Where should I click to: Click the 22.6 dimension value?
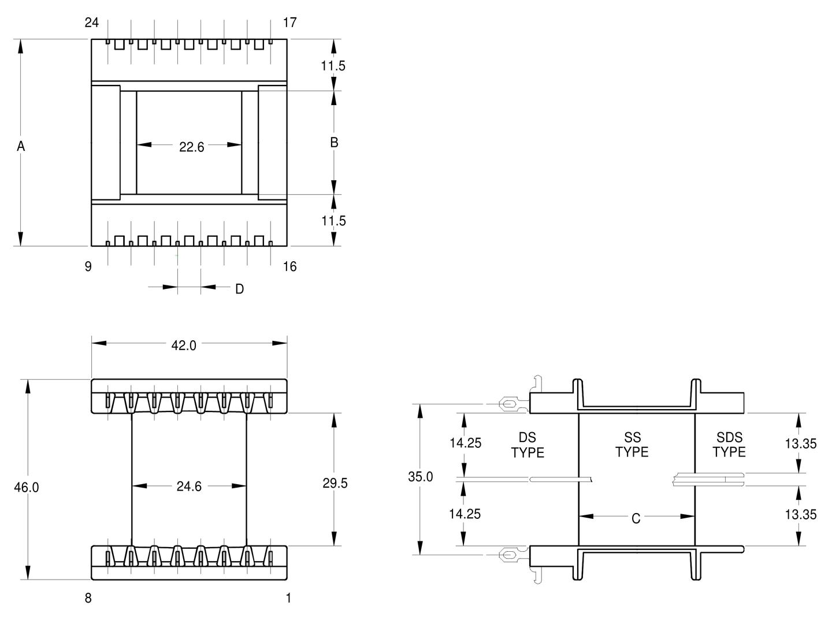[191, 147]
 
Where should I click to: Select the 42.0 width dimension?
[184, 345]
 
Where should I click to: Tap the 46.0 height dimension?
[27, 487]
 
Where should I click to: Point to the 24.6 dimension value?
[189, 486]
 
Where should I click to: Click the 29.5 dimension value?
[335, 483]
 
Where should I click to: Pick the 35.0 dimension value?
[421, 477]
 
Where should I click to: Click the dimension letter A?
[21, 146]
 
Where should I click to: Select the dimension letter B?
[334, 143]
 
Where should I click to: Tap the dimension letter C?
[636, 518]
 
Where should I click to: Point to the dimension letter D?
[240, 289]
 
